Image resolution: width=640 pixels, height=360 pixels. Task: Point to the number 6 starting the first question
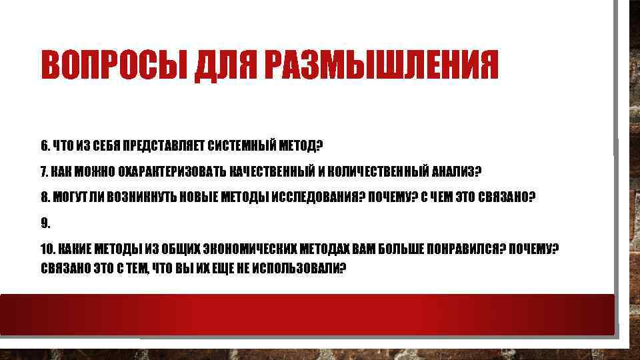click(44, 145)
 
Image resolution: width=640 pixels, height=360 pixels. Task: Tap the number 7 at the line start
click(44, 171)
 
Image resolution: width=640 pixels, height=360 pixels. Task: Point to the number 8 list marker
click(44, 197)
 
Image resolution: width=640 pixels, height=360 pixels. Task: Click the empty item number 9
click(45, 223)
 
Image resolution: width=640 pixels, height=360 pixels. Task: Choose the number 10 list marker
click(47, 249)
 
